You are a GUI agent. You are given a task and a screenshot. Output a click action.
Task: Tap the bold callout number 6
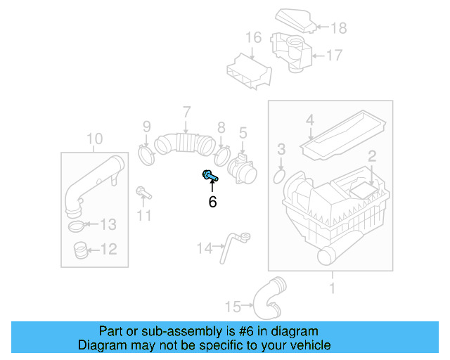[x=212, y=202]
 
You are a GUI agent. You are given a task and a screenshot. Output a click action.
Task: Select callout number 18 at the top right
[x=339, y=28]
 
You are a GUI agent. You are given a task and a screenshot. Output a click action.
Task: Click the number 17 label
[x=333, y=54]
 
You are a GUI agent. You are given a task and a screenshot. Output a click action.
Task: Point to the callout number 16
[x=253, y=37]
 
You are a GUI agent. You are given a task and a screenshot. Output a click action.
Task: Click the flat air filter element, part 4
[x=345, y=134]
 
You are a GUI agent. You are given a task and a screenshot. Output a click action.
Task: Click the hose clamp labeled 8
[x=222, y=153]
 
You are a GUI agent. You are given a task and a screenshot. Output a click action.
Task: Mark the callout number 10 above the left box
[x=94, y=138]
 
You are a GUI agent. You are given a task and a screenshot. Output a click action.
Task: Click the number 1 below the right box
[x=333, y=288]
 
